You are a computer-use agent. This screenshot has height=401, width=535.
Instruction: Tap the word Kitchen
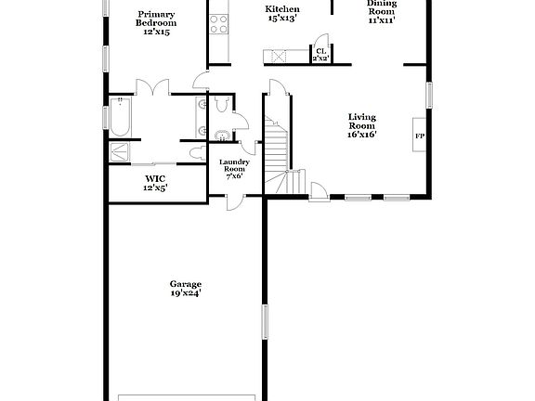pos(282,8)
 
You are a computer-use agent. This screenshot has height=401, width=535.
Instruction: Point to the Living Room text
pos(361,122)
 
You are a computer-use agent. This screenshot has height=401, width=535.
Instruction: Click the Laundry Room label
pos(232,165)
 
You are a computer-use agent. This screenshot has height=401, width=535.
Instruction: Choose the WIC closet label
pos(154,178)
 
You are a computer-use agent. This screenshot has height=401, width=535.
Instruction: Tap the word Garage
pos(185,284)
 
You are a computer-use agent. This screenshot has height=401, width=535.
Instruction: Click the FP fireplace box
pos(419,136)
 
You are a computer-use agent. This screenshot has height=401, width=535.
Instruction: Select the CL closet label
pos(320,51)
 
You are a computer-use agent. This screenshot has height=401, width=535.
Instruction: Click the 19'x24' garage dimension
pos(185,293)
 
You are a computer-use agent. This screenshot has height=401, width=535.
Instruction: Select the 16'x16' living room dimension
pos(361,134)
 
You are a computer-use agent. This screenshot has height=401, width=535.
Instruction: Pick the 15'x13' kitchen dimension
pos(282,18)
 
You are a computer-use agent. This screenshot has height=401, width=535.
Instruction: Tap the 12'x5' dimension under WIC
pos(154,188)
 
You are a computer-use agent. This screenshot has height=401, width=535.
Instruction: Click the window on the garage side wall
pos(265,320)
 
